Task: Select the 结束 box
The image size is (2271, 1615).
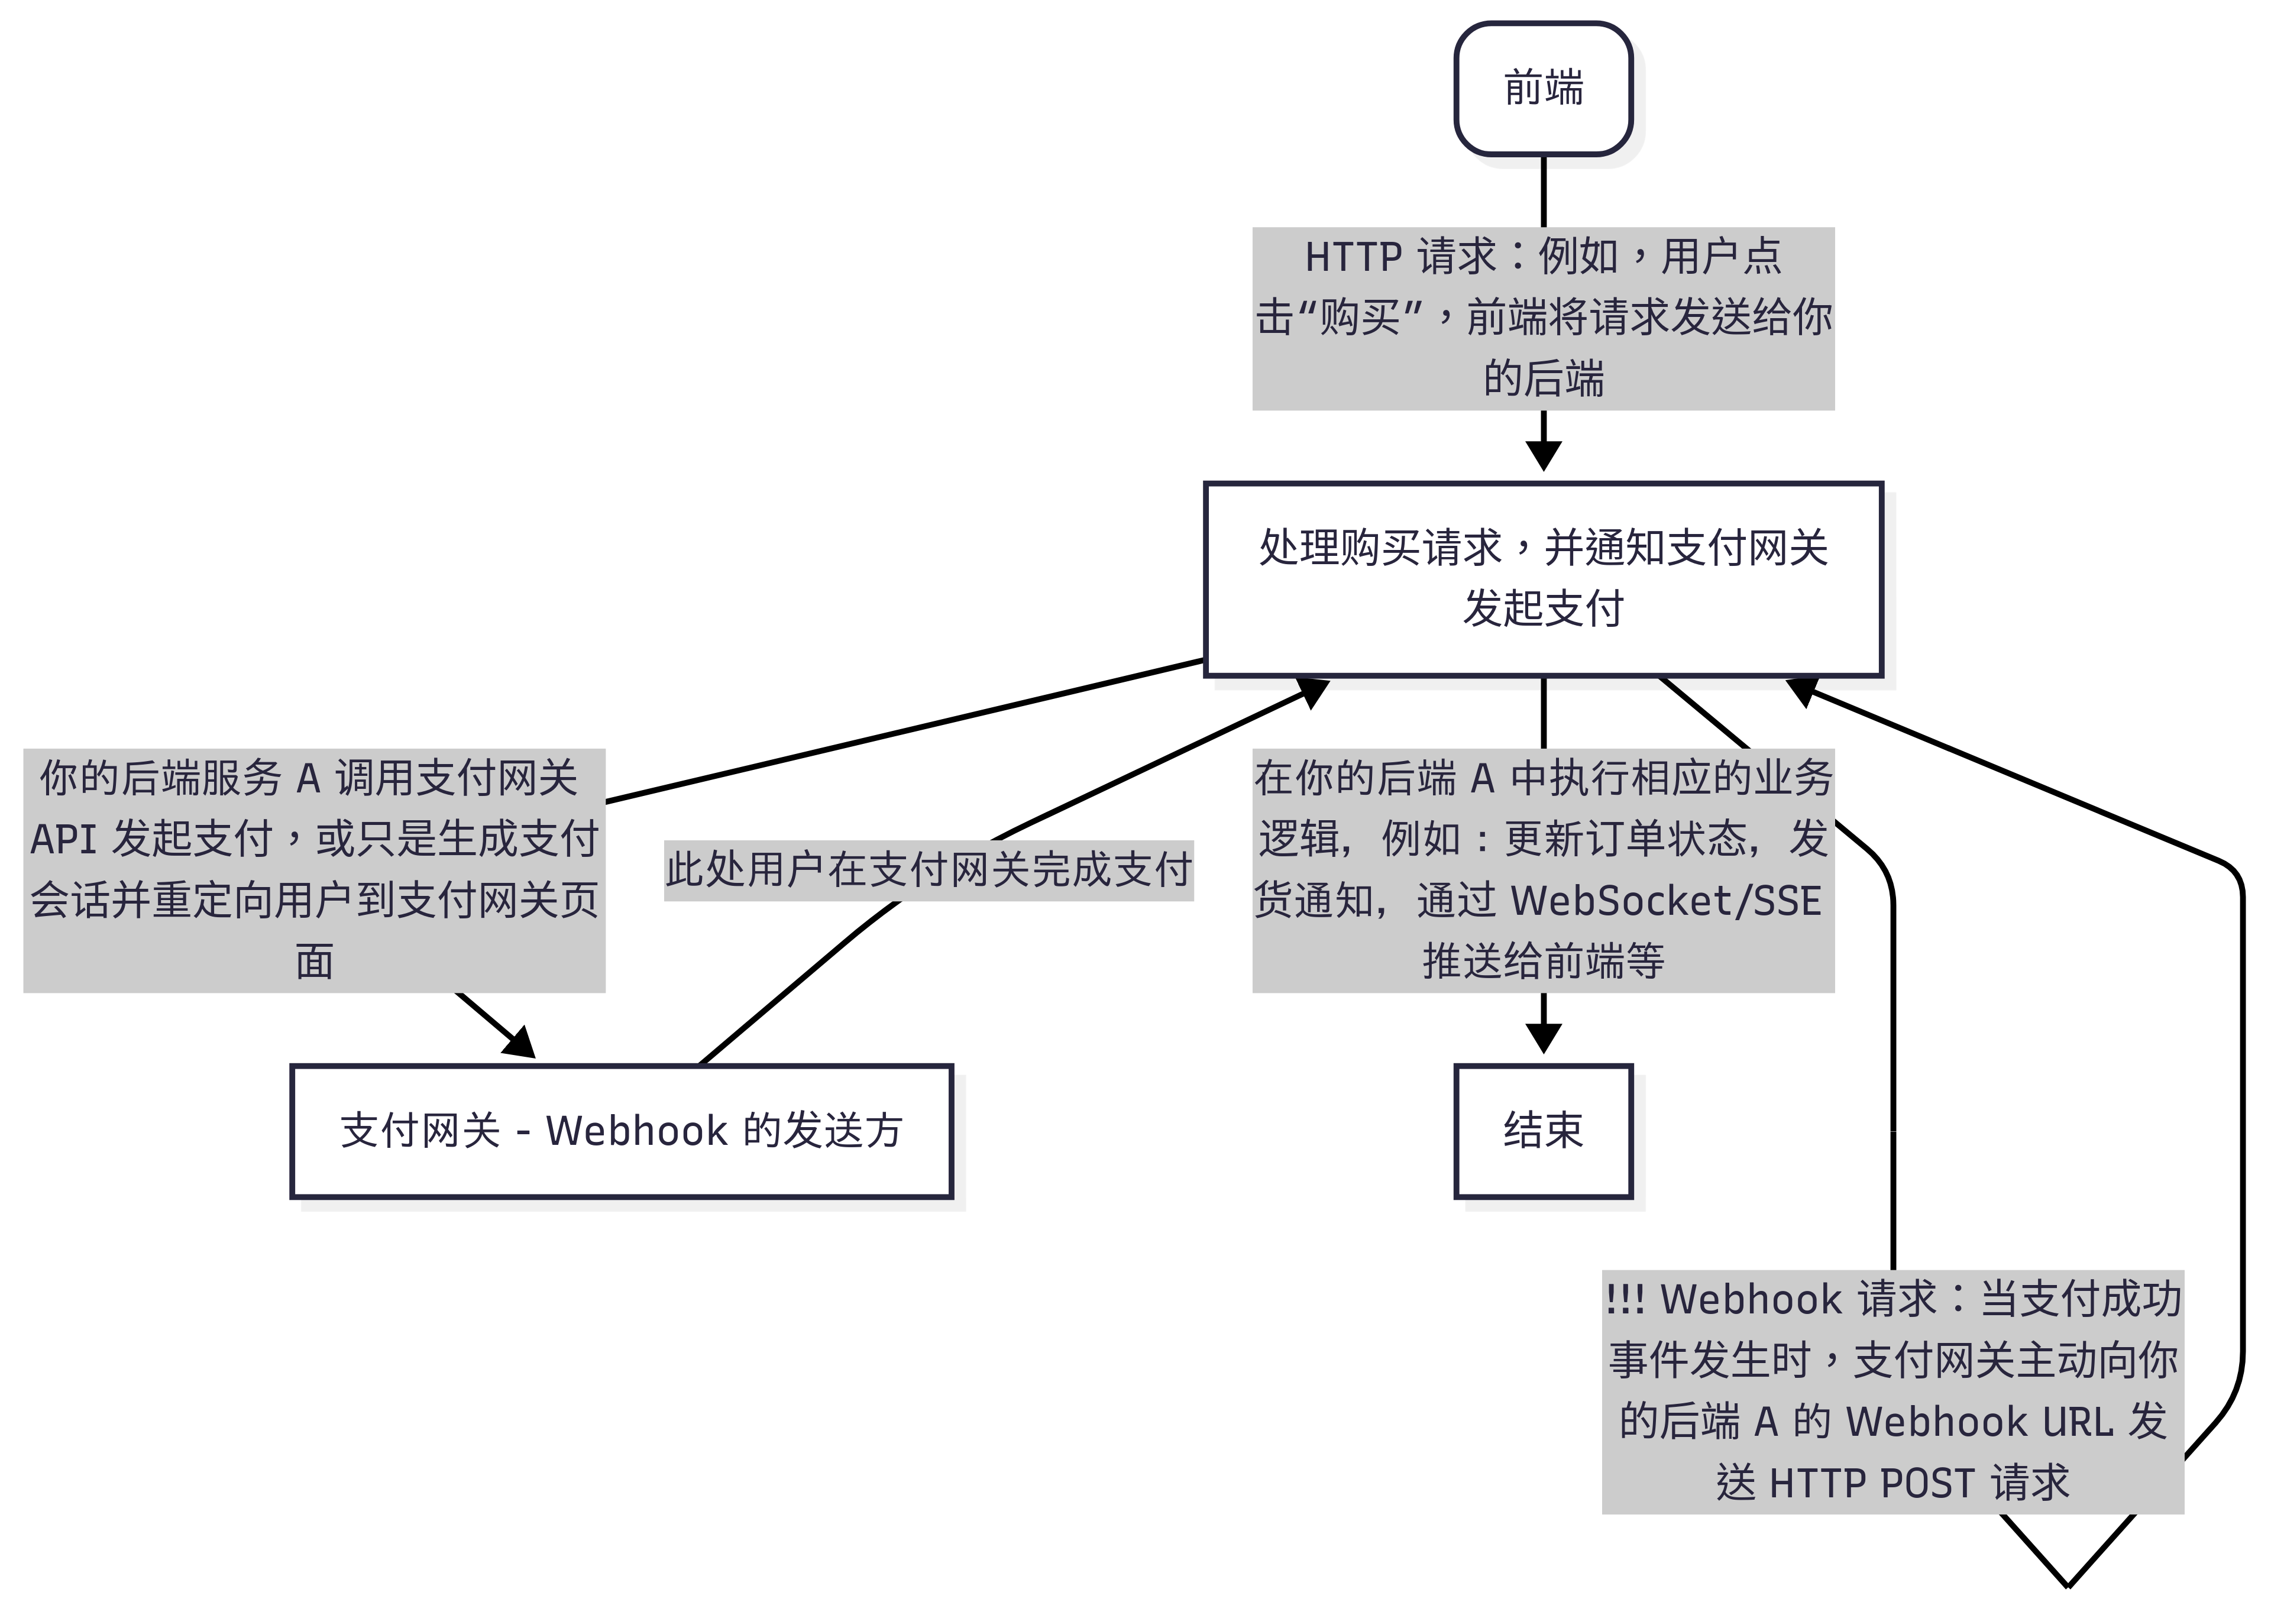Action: coord(1542,1131)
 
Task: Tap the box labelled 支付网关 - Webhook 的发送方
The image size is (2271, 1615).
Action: coord(622,1131)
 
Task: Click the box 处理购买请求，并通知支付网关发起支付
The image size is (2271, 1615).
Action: coord(1542,579)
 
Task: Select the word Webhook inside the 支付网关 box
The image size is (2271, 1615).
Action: coord(636,1131)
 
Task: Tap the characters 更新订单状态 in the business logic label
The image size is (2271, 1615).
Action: coord(1626,839)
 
